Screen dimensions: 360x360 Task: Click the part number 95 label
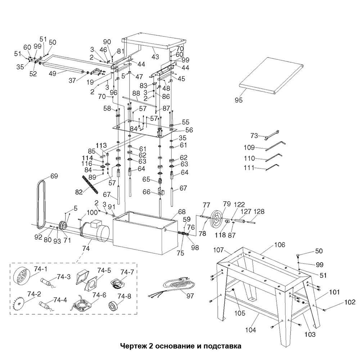point(239,100)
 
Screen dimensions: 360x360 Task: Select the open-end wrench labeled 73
point(271,134)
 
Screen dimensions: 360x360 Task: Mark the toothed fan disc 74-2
point(18,303)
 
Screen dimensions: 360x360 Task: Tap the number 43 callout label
point(155,56)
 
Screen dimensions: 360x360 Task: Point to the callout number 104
point(251,330)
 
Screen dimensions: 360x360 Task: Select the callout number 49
point(53,73)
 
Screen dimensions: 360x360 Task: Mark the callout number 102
point(350,302)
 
